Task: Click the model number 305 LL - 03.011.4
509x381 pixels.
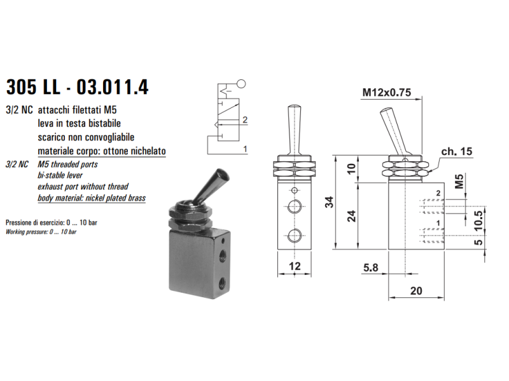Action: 77,87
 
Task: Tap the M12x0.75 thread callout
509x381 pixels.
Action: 386,93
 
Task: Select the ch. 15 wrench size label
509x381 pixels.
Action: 457,151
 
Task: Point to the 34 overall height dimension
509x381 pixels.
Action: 329,202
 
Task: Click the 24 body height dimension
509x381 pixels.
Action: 352,216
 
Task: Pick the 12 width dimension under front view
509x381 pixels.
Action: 295,266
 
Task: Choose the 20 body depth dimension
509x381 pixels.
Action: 416,291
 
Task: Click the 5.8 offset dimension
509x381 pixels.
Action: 371,267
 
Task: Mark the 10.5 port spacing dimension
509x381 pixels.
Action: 478,220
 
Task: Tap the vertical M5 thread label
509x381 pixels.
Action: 459,182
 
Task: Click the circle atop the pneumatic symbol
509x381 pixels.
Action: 241,84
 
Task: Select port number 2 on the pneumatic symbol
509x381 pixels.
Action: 245,120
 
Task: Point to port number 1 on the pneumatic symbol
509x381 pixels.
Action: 245,149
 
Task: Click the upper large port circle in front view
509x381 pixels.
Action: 295,206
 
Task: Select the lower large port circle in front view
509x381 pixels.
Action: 295,236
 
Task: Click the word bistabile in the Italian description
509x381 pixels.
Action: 102,123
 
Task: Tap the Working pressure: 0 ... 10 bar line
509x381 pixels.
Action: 41,232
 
